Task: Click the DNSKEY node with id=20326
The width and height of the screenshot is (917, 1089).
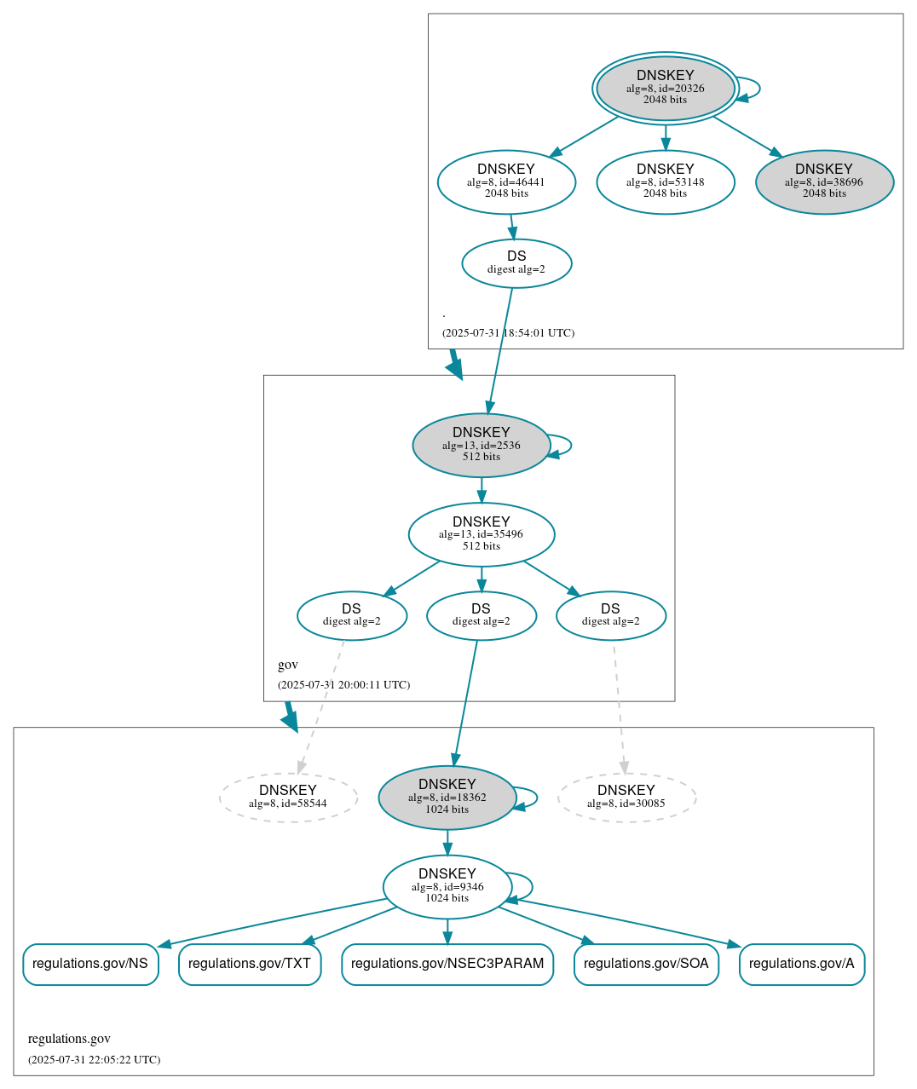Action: [665, 88]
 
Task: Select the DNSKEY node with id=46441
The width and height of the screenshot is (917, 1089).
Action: [506, 181]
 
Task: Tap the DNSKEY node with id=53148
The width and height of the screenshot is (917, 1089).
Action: [665, 181]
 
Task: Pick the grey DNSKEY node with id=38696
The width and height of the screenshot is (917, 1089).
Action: [824, 181]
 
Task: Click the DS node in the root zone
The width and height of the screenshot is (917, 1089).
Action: [516, 262]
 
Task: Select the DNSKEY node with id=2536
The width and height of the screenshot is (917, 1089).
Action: [481, 444]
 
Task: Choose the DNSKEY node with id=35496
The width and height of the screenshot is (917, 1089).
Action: [481, 533]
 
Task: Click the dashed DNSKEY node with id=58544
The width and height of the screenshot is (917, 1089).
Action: [288, 797]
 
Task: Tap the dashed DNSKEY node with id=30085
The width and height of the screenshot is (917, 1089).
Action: [626, 797]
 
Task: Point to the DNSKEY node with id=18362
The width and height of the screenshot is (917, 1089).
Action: [447, 796]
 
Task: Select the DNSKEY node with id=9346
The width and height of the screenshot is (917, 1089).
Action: [447, 885]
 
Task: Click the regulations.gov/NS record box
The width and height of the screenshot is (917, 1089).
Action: [90, 964]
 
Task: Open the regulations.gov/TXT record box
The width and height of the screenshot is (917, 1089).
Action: [250, 964]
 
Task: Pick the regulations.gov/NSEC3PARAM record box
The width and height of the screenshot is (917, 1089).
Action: [447, 964]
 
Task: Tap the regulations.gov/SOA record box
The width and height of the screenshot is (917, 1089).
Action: [646, 964]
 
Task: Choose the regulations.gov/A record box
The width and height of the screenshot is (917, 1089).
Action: [801, 964]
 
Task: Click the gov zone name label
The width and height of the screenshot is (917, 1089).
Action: [288, 665]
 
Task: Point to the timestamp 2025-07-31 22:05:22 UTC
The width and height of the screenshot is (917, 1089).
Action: [94, 1059]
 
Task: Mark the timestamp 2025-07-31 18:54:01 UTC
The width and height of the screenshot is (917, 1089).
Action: [508, 332]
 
